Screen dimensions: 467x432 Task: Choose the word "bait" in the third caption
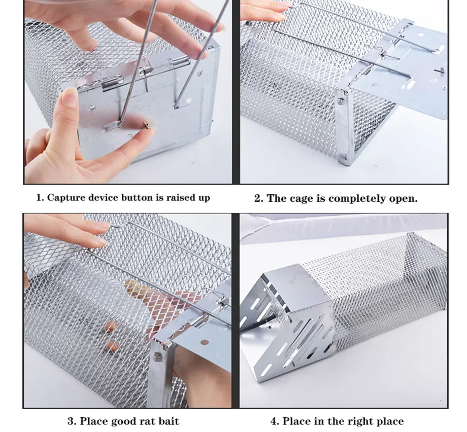[169, 421]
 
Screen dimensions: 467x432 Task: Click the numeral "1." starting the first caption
[40, 198]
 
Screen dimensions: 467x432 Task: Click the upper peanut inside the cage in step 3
[111, 326]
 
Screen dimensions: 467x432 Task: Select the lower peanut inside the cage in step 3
[113, 346]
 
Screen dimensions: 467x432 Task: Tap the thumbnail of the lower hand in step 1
[70, 97]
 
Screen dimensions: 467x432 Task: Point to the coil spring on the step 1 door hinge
[147, 71]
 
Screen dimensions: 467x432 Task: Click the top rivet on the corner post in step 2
[340, 102]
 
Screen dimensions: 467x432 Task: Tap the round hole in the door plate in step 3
[204, 342]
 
